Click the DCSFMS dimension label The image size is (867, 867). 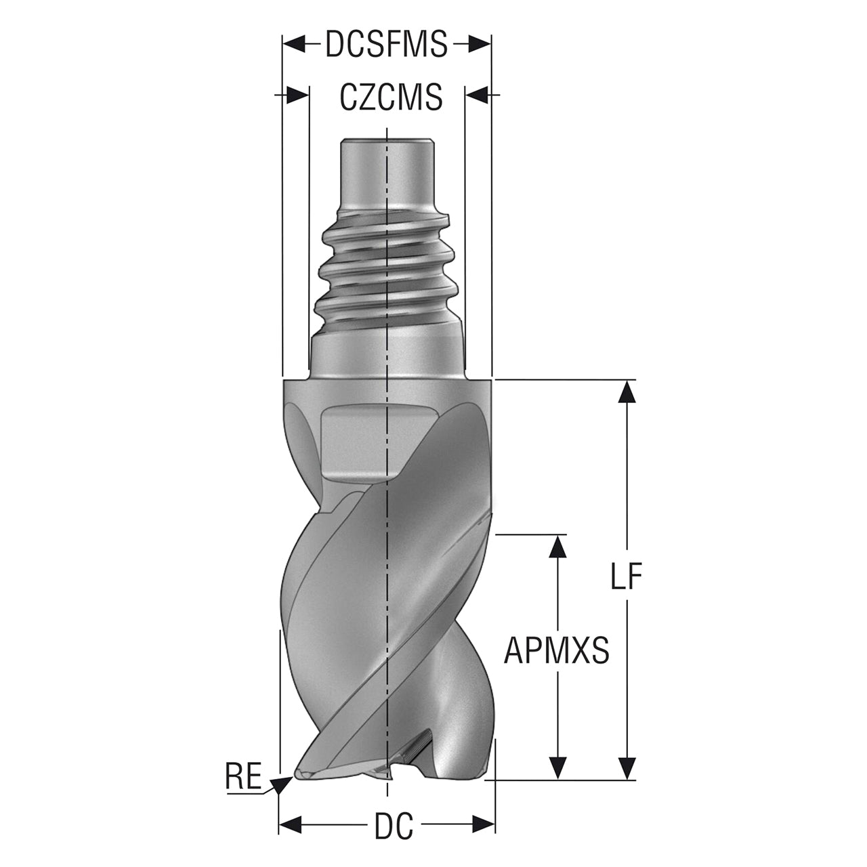click(387, 44)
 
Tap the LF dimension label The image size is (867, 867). click(625, 575)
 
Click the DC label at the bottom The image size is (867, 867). click(394, 826)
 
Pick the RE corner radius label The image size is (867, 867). click(243, 776)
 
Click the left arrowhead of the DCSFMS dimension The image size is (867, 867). click(294, 44)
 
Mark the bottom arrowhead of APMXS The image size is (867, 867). click(558, 767)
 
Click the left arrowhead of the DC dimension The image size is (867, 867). click(290, 825)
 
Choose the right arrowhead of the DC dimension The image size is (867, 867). click(483, 825)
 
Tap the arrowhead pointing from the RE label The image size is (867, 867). click(282, 785)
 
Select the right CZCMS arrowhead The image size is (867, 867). click(476, 94)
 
